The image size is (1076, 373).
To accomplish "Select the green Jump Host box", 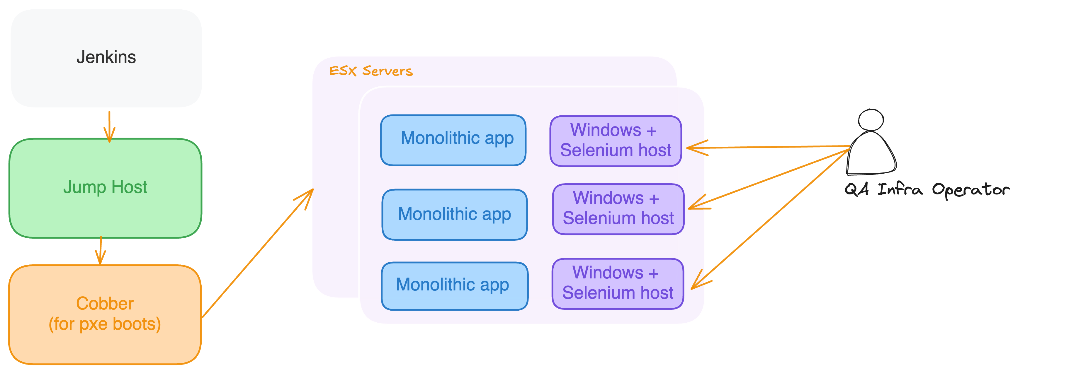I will (105, 188).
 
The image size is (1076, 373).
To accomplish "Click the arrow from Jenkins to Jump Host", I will (109, 125).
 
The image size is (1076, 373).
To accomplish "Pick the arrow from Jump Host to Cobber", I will (100, 250).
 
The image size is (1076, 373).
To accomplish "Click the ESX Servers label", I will (370, 71).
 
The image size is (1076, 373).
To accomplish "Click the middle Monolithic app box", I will (454, 214).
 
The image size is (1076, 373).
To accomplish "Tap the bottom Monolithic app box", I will (454, 286).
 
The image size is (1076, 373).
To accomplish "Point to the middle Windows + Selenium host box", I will (618, 209).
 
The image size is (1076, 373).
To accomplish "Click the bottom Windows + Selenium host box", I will (618, 283).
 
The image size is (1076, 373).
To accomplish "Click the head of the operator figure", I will (871, 120).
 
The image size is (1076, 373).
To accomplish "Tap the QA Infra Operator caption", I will (927, 190).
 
